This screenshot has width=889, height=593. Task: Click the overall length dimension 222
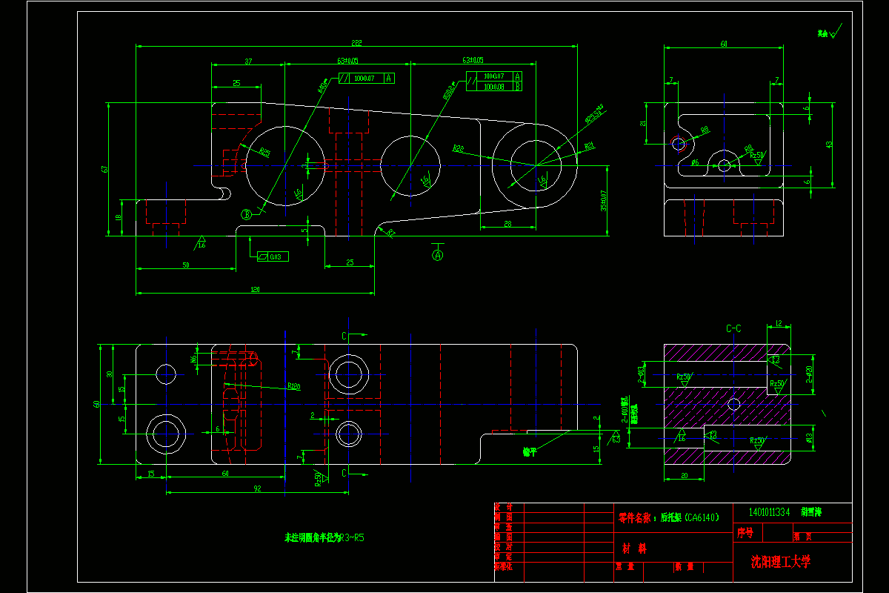(x=356, y=42)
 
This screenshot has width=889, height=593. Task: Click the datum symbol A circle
(x=438, y=256)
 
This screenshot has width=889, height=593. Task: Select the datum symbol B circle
(x=246, y=214)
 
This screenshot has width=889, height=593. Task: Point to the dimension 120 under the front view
(x=255, y=289)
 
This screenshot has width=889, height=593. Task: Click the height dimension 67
(x=105, y=169)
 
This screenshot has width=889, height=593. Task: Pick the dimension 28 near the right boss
(x=508, y=223)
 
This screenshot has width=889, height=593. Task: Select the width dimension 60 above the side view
(x=724, y=44)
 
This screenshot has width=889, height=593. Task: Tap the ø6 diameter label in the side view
(x=695, y=162)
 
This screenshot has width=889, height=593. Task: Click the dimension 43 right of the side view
(x=829, y=144)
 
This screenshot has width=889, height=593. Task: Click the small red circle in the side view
(x=678, y=144)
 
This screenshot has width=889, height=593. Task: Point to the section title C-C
(x=733, y=328)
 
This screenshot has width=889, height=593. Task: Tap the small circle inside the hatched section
(x=734, y=404)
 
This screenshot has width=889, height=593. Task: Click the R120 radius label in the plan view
(x=293, y=386)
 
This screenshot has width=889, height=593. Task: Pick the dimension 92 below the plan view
(x=257, y=488)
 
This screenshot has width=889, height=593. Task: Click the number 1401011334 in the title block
(x=769, y=511)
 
